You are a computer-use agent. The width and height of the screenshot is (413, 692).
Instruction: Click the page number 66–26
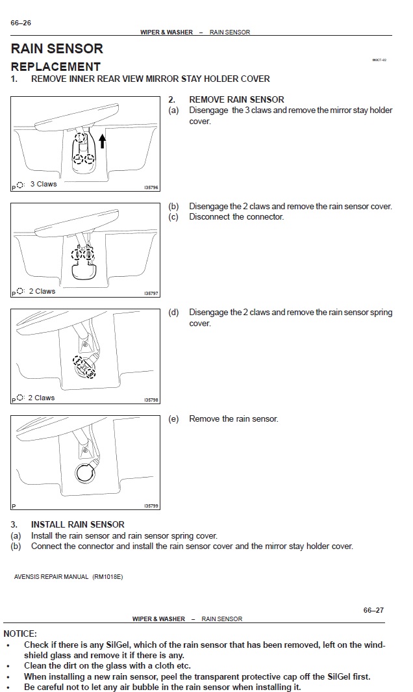tap(21, 23)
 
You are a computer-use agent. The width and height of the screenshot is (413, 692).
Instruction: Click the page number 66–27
tap(373, 610)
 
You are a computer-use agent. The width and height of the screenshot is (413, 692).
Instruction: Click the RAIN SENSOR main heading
tap(57, 49)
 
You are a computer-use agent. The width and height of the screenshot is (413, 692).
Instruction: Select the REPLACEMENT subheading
tap(56, 66)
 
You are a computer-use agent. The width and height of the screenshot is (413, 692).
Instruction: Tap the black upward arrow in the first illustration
tap(102, 140)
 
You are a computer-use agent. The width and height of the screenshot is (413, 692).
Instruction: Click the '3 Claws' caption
tap(44, 185)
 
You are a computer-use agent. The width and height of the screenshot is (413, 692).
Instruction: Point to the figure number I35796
tap(151, 188)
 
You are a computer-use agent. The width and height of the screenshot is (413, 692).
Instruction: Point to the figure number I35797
tap(151, 294)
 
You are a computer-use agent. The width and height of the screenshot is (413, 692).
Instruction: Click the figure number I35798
tap(151, 400)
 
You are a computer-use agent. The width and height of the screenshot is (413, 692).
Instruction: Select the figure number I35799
tap(151, 506)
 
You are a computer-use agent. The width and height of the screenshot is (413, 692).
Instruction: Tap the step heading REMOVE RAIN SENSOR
tap(236, 99)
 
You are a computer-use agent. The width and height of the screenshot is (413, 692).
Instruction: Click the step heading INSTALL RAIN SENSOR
tap(78, 524)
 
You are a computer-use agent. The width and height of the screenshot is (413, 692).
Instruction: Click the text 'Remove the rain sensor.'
tap(233, 419)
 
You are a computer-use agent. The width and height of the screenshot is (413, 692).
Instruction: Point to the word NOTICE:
tap(20, 634)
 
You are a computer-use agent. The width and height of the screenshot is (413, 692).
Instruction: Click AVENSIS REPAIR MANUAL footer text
tap(68, 577)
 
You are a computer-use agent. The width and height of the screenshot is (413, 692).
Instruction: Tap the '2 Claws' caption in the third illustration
tap(42, 398)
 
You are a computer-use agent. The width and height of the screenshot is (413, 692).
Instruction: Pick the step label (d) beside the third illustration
tap(173, 313)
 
